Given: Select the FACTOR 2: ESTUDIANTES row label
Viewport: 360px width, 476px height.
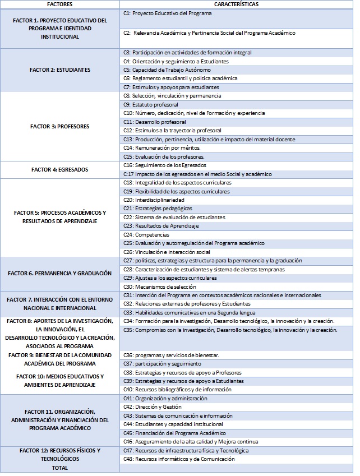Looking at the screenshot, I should pos(60,70).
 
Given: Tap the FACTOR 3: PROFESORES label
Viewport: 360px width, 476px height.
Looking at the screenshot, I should pos(59,126).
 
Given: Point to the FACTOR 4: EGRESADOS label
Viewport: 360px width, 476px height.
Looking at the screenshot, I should pos(59,169).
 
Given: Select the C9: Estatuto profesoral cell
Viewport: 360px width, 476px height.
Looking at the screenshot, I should pos(151,104).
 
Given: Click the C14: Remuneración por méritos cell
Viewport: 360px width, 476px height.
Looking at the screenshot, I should pos(154,148).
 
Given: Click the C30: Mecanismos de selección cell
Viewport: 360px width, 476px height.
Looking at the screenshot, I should pos(158,286).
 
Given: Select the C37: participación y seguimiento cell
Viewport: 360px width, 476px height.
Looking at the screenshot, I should pos(159,364).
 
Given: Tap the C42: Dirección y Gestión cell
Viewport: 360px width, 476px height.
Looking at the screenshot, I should pos(153,407).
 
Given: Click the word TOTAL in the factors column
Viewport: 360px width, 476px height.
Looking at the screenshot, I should pos(59,467).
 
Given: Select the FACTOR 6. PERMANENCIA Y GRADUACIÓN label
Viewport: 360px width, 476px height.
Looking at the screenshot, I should pos(59,274).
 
